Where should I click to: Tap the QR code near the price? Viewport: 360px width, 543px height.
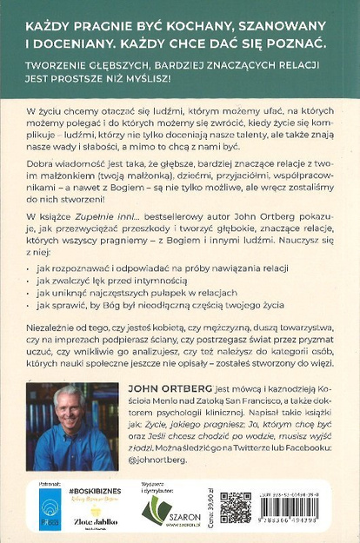pos(236,508)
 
